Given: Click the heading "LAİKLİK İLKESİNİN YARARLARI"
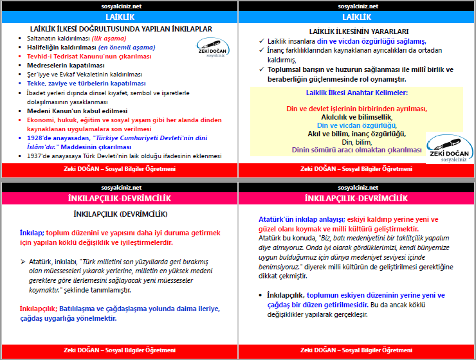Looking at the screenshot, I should (358, 31).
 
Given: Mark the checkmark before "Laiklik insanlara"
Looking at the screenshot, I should (261, 40).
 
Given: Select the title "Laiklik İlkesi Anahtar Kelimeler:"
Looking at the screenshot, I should (356, 93).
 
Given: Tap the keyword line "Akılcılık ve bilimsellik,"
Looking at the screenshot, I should (356, 117).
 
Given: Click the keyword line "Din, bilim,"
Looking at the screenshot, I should (356, 141).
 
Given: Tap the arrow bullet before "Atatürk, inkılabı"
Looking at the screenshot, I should (22, 262).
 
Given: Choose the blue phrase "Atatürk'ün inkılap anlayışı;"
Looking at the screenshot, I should (297, 219).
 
